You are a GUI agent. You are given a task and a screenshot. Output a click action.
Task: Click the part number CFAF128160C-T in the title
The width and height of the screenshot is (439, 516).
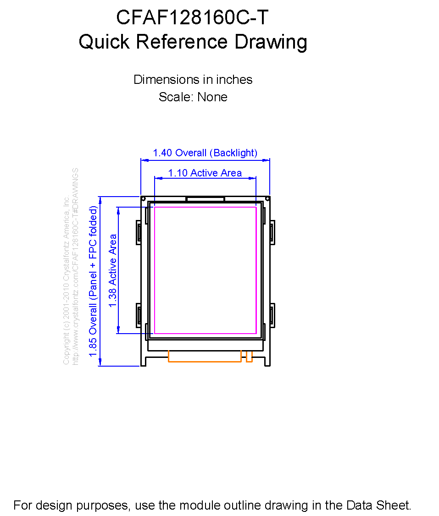pos(192,17)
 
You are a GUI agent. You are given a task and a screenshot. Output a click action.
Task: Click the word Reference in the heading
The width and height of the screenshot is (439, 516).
pos(182,42)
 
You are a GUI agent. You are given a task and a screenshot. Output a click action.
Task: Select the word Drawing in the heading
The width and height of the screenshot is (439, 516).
pos(271,43)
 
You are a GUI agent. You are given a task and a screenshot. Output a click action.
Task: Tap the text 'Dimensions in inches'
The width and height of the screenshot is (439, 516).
pos(193,80)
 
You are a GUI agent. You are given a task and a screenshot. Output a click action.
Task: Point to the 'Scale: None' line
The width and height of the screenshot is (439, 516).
pos(193,97)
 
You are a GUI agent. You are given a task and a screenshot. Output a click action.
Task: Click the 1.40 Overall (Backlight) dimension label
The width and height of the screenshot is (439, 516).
pos(205,153)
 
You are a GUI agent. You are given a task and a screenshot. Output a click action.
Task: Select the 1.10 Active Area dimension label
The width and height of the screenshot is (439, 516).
pos(205,173)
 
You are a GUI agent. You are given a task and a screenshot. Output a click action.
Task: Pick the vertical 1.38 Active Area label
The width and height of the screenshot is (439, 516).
pos(113,270)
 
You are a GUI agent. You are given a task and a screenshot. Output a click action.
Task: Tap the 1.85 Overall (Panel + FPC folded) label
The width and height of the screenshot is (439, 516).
pos(93,281)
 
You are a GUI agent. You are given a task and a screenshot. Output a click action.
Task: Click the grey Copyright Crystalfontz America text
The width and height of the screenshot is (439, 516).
pos(66,280)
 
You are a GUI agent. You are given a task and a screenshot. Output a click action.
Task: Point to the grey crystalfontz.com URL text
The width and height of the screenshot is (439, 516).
pos(75,267)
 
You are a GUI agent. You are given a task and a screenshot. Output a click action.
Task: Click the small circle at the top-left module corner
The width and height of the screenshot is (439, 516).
pos(143,199)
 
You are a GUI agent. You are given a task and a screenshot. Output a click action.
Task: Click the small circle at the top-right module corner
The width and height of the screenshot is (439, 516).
pos(267,199)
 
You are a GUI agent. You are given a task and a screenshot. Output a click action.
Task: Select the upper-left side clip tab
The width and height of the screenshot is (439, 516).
pos(139,232)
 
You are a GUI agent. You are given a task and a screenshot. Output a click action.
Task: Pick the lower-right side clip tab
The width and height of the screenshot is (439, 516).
pos(272,315)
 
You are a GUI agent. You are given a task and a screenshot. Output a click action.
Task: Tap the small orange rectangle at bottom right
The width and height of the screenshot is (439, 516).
pos(249,357)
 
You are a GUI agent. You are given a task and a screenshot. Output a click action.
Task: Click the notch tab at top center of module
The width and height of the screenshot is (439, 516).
pos(205,199)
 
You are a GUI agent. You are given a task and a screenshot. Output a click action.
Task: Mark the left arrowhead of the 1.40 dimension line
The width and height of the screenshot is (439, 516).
pos(144,160)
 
